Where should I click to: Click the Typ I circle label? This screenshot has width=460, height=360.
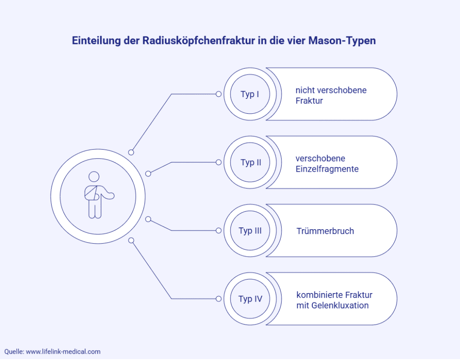point(250,94)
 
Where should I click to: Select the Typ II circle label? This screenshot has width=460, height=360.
point(251,163)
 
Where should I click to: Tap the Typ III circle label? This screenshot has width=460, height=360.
point(250,231)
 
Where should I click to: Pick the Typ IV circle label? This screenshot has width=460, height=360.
point(250,299)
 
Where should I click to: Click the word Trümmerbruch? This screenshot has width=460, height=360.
point(325,231)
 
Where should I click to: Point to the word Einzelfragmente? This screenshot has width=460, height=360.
point(327,169)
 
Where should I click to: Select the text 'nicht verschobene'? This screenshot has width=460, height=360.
point(331,90)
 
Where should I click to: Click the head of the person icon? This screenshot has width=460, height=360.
point(94,177)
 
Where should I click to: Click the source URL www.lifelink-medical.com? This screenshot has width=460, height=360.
point(63,351)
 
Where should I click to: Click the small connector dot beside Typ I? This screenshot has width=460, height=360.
point(219,94)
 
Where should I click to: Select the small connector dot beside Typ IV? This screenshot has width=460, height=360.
point(219,299)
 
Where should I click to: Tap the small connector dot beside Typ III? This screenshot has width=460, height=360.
point(219,231)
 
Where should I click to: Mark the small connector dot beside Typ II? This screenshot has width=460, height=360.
point(219,162)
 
